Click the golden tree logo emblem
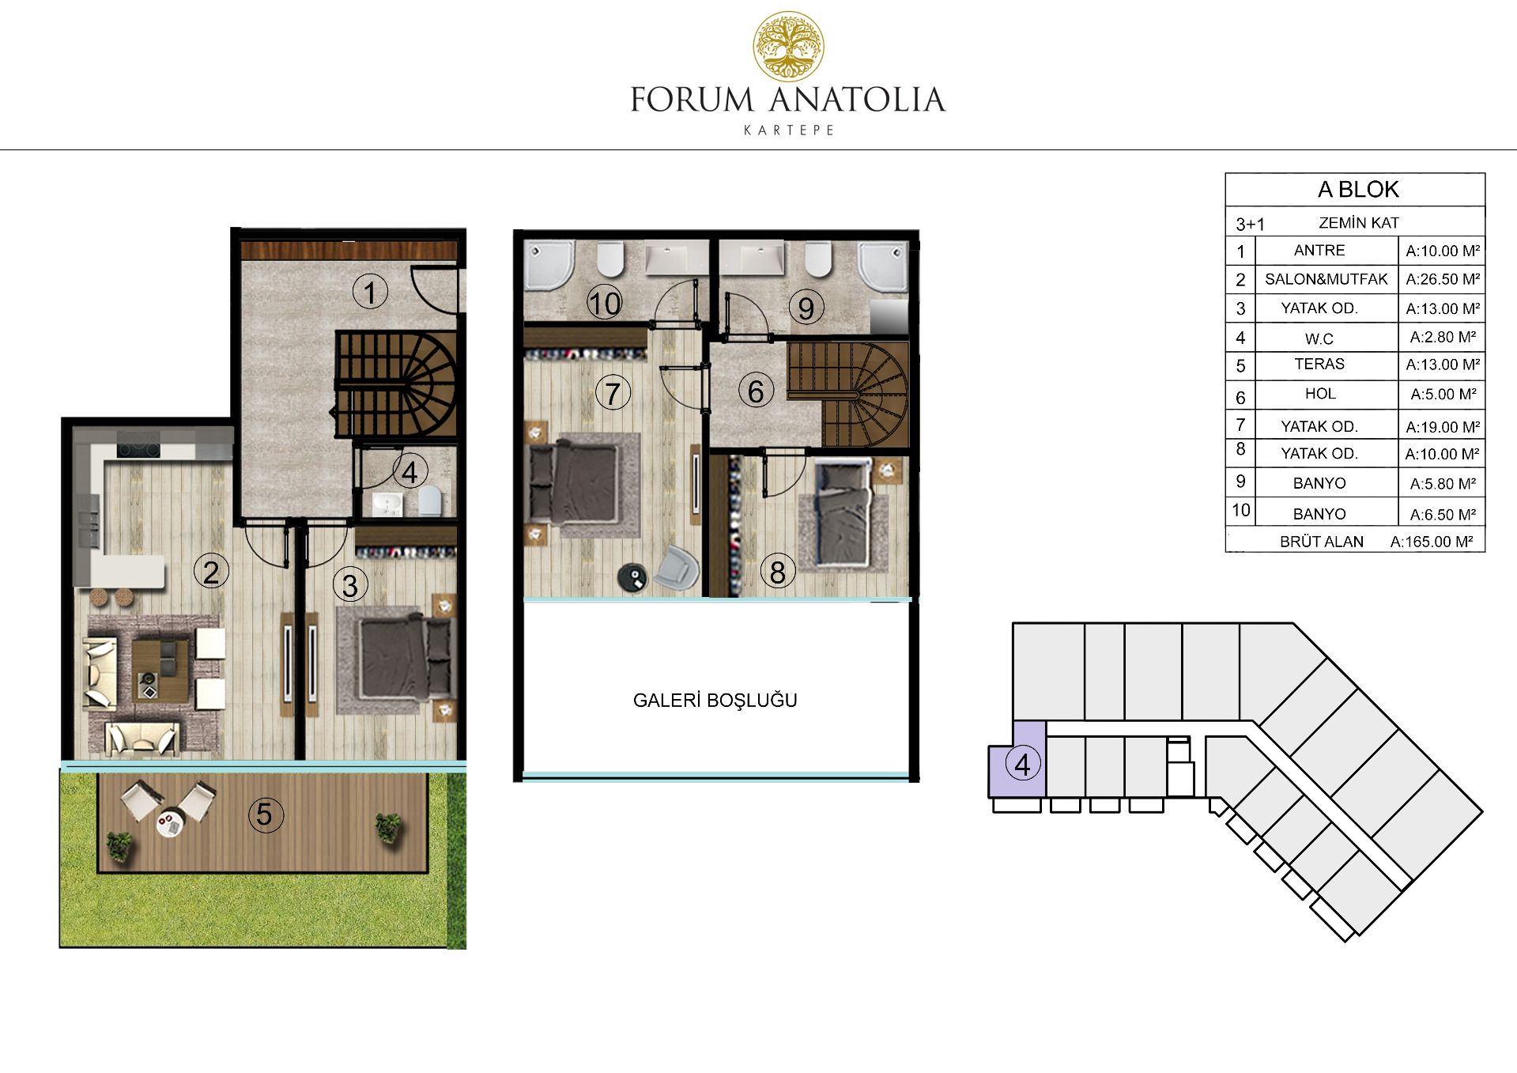[788, 47]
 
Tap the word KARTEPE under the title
[789, 130]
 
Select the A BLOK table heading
[1358, 190]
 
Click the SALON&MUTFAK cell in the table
[1326, 279]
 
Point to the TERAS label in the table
[1319, 364]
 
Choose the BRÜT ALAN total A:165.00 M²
[1432, 542]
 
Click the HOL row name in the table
[1320, 394]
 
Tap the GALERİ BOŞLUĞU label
[715, 700]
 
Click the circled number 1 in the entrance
[370, 293]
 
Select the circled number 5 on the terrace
[265, 814]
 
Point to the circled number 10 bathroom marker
[605, 303]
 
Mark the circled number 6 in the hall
[756, 391]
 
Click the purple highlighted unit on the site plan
[1017, 759]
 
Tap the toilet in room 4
[430, 501]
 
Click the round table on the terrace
[169, 823]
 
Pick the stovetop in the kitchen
[138, 450]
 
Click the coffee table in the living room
[160, 671]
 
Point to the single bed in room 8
[843, 514]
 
